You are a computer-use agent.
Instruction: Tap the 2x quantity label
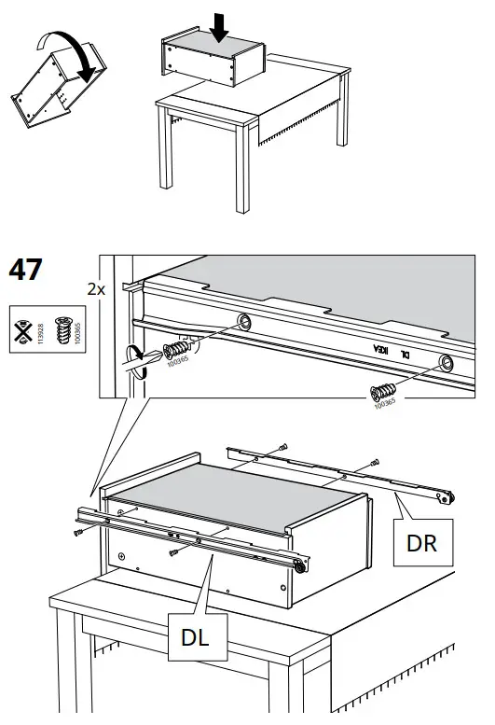[96, 289]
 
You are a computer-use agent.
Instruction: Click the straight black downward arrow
[219, 25]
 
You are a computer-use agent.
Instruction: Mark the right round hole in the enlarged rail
[446, 362]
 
